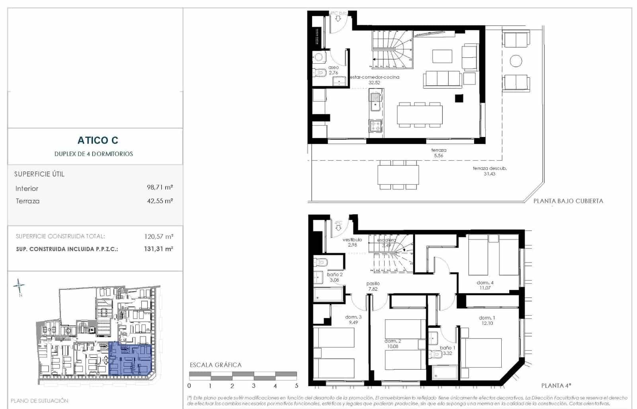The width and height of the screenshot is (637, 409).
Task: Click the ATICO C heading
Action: point(98,140)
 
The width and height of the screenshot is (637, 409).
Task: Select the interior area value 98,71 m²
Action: point(160,187)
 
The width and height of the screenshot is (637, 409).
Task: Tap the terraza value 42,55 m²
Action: point(160,201)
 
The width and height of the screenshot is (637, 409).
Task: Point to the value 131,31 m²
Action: point(158,249)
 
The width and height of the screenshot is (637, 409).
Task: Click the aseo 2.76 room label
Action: point(333,70)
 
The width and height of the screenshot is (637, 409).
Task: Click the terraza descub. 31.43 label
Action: point(489,171)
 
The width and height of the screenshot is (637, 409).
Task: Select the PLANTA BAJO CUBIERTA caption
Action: point(568,201)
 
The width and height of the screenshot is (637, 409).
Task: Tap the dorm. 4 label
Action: point(485,285)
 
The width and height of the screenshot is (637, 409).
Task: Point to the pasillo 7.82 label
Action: point(373,286)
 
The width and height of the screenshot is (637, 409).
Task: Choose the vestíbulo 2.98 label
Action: point(352,242)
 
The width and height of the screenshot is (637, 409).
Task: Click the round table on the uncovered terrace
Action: point(516,61)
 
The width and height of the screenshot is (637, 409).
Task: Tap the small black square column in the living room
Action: point(459,98)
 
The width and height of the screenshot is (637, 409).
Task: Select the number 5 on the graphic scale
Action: point(296,386)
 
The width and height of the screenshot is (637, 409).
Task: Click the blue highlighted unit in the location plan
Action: point(130,358)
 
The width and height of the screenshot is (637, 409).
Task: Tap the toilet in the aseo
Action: point(320,73)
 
